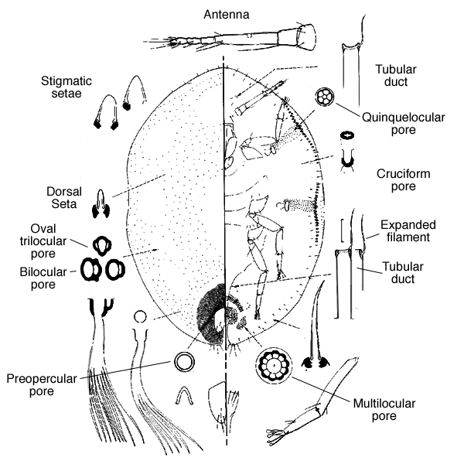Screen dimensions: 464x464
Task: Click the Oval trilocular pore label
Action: point(51,239)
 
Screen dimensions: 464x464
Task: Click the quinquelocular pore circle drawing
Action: point(325,97)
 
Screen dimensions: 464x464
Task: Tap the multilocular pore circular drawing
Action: point(272,365)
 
